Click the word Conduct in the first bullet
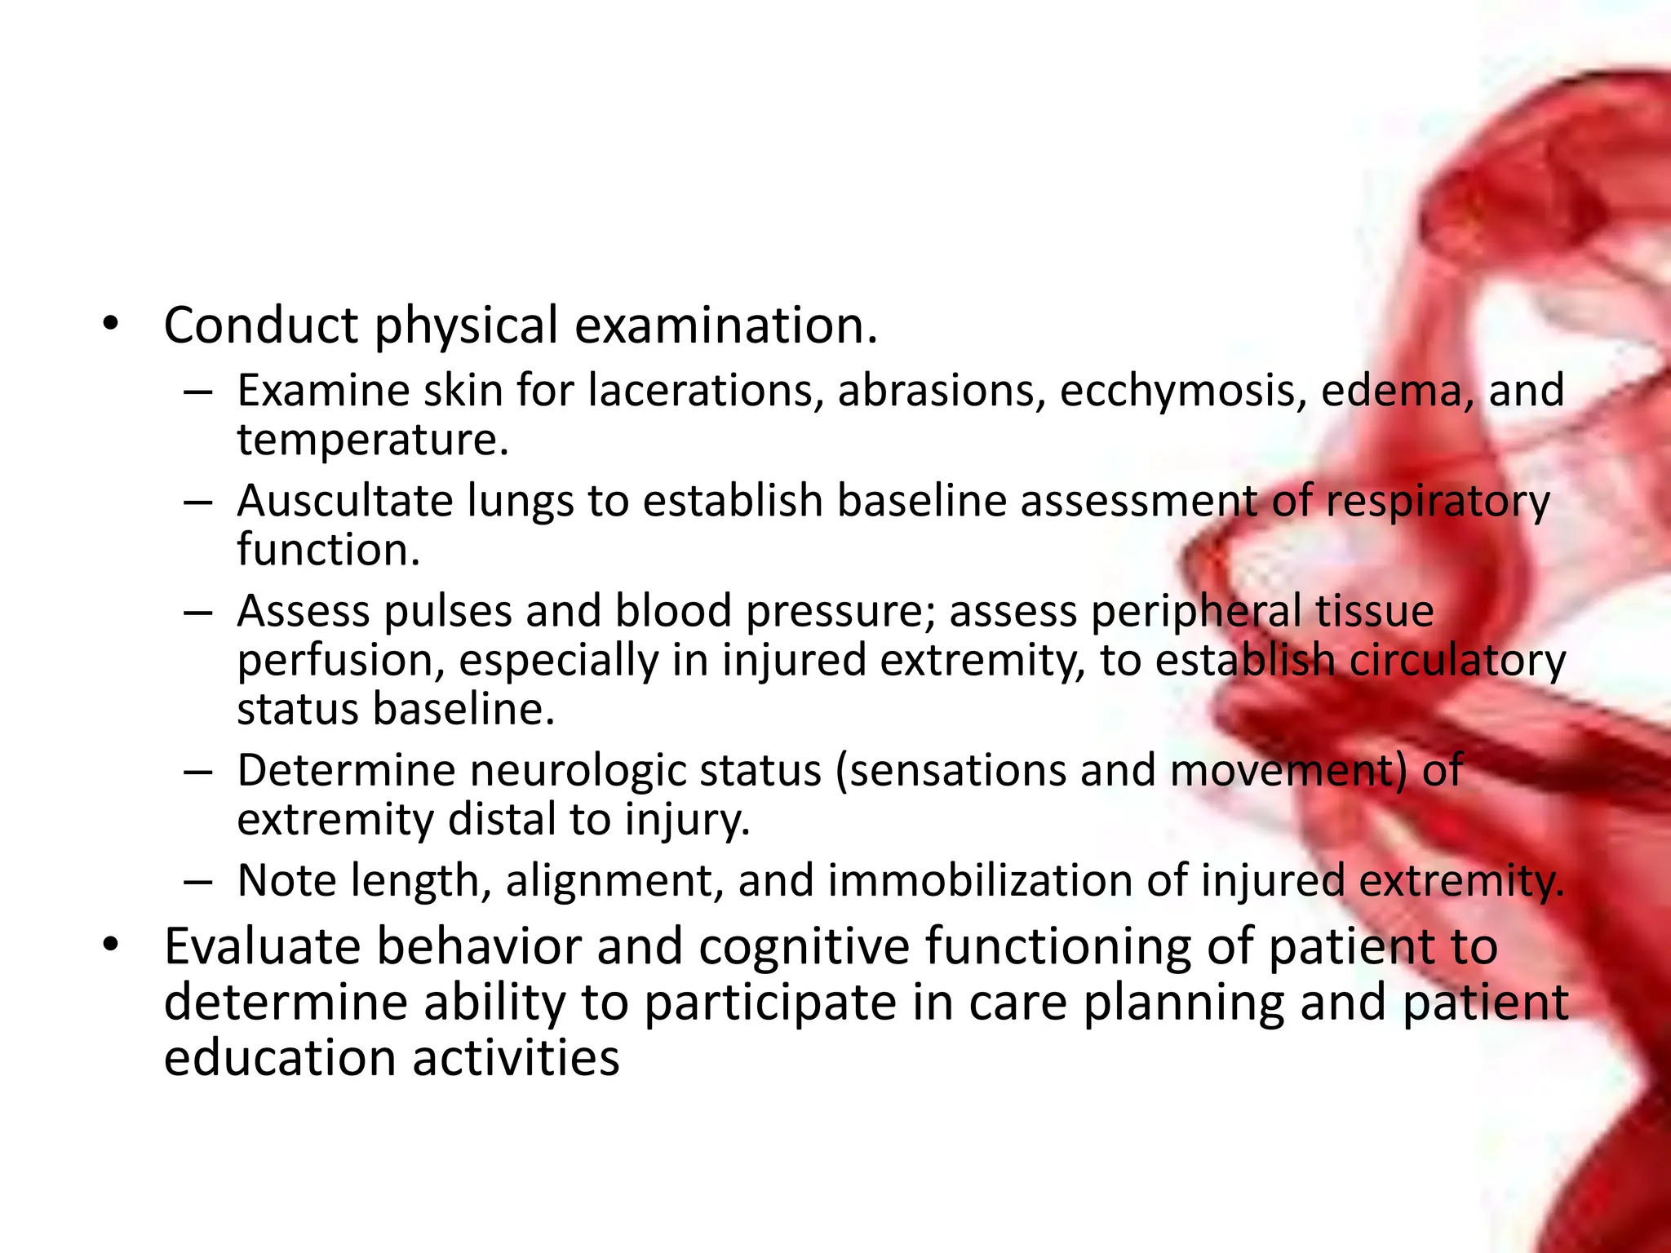260,325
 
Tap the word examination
725,325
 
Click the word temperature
372,440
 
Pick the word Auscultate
344,500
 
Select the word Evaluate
262,947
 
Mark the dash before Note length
198,882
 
